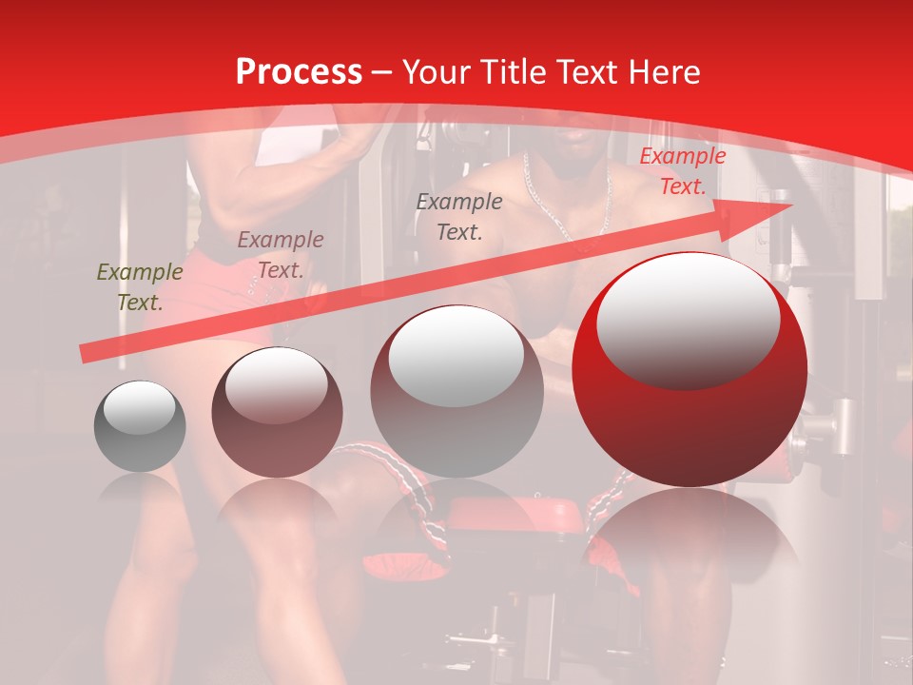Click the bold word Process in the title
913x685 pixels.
299,72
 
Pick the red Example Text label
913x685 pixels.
682,171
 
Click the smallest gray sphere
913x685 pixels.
140,426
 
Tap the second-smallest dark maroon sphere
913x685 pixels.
277,412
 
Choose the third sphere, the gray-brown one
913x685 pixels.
456,391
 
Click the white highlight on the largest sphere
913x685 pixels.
688,309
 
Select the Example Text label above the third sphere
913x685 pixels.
459,216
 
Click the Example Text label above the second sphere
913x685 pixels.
280,254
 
